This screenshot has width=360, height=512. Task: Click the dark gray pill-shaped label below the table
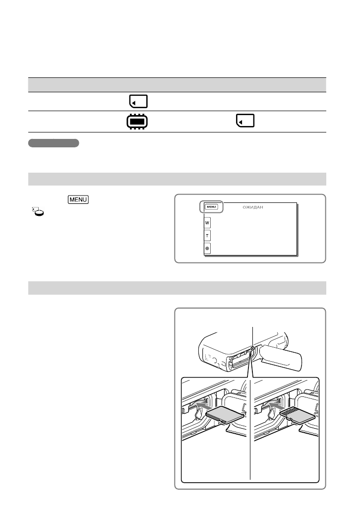pyautogui.click(x=54, y=143)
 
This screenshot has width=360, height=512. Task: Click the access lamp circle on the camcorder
pyautogui.click(x=253, y=349)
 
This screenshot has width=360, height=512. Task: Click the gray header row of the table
pyautogui.click(x=177, y=84)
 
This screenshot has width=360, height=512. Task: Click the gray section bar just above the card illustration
pyautogui.click(x=177, y=288)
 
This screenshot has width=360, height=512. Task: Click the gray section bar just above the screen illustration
pyautogui.click(x=177, y=179)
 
